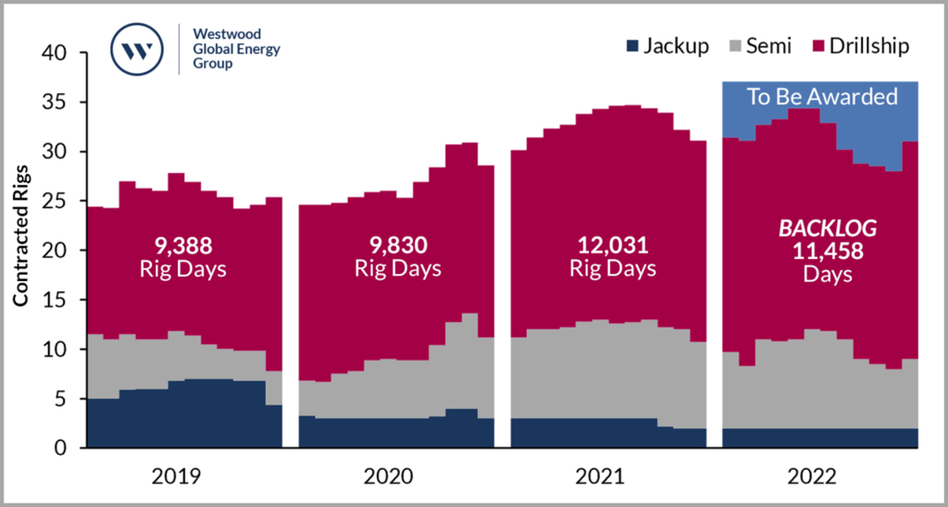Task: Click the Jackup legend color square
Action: (x=630, y=47)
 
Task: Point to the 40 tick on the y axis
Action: (x=59, y=53)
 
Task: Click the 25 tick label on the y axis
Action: (x=59, y=201)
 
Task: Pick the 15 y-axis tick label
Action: (x=59, y=300)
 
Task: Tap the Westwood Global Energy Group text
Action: (x=231, y=49)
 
